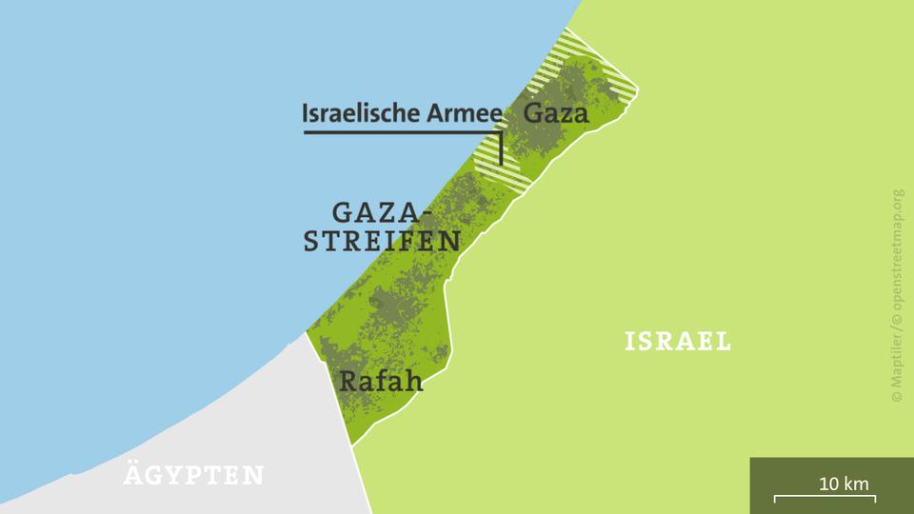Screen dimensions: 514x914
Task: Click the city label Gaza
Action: pos(557,113)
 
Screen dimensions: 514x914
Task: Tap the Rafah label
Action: pos(381,383)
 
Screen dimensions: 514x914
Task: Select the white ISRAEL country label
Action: pos(678,341)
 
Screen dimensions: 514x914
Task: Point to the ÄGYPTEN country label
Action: pos(193,475)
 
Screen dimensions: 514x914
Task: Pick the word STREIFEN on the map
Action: pos(383,241)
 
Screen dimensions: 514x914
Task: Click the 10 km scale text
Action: pos(844,484)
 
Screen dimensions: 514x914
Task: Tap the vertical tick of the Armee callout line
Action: pos(501,148)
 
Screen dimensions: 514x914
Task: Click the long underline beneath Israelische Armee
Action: pos(400,132)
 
